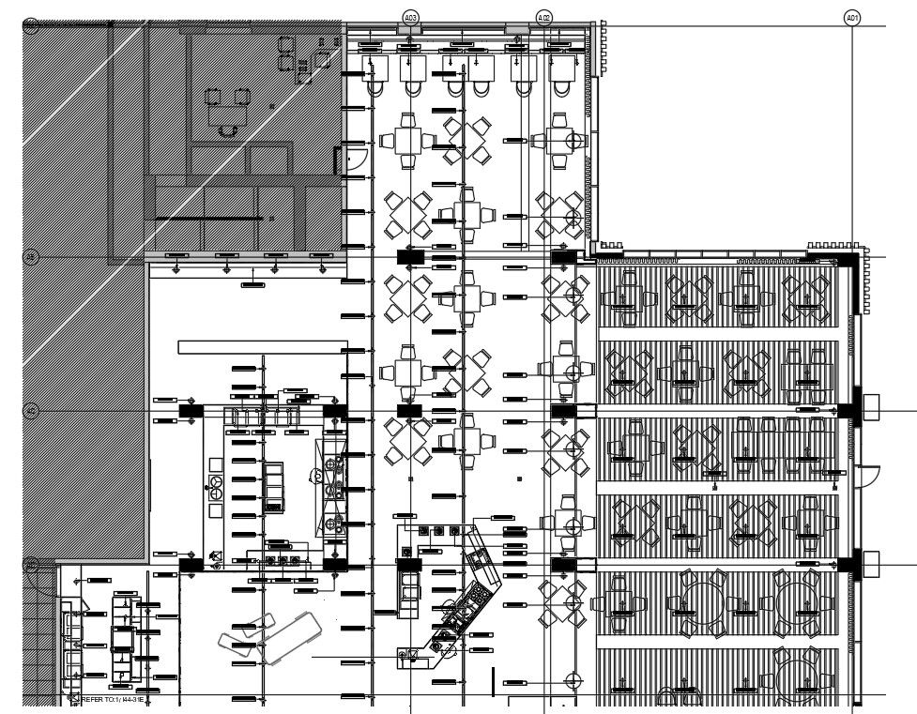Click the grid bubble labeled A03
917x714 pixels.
pos(410,17)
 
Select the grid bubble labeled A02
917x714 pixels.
pos(543,17)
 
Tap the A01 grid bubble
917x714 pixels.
pos(851,17)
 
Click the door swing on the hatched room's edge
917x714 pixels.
pos(355,160)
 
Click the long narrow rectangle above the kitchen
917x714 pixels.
pos(262,347)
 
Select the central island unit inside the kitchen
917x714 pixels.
pos(273,484)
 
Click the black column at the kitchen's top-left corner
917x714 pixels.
pos(191,410)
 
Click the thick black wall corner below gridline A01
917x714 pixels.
pos(849,260)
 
